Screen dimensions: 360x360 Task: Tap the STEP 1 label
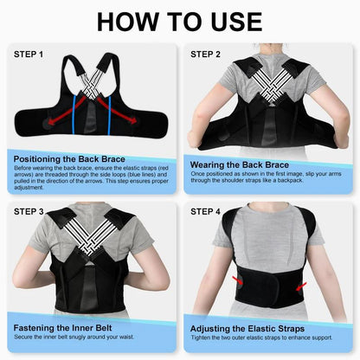click(30, 54)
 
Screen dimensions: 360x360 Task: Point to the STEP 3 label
click(30, 210)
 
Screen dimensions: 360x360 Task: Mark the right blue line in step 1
click(112, 113)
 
